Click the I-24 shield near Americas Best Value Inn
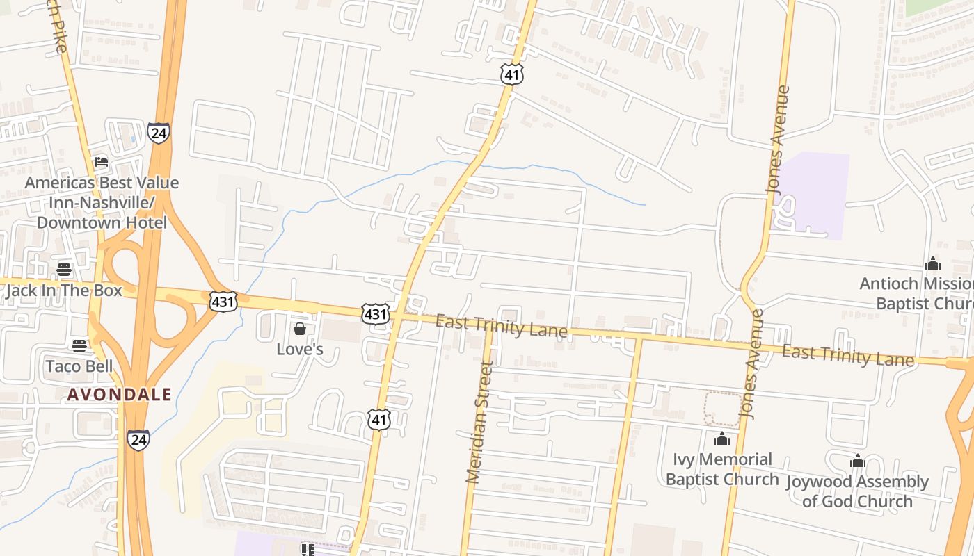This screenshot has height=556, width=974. (159, 132)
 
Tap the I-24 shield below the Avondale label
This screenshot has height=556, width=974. (138, 439)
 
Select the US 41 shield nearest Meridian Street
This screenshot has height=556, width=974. (379, 419)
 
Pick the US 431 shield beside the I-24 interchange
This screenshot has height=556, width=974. (223, 300)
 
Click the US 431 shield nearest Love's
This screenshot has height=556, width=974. (374, 314)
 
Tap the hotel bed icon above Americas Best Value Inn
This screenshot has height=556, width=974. (102, 162)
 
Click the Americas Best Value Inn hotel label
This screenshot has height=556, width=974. (102, 203)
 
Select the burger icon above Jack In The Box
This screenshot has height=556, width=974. (64, 269)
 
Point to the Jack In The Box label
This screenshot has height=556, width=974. (64, 291)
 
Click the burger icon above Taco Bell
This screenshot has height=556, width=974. (79, 345)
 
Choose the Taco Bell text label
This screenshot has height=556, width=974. (79, 366)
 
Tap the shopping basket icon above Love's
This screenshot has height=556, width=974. (300, 328)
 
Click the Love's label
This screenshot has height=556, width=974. (300, 349)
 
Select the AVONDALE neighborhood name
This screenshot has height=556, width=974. (119, 395)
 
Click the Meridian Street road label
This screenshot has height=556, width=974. (479, 423)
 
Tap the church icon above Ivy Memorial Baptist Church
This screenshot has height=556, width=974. (722, 439)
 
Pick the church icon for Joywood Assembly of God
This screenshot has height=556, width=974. (857, 461)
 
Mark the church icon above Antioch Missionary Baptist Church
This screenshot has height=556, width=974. (933, 263)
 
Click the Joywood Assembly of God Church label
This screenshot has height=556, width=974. (857, 491)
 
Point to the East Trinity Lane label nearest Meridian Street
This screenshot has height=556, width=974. (501, 325)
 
